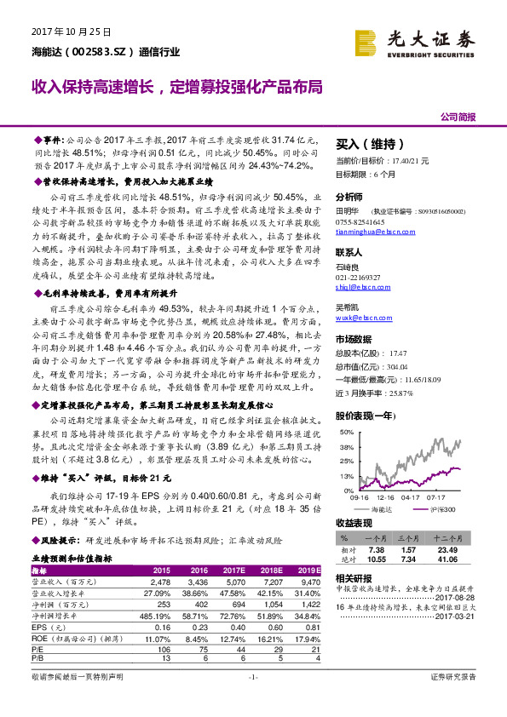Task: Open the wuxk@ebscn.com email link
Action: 360,317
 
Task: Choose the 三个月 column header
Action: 417,538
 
